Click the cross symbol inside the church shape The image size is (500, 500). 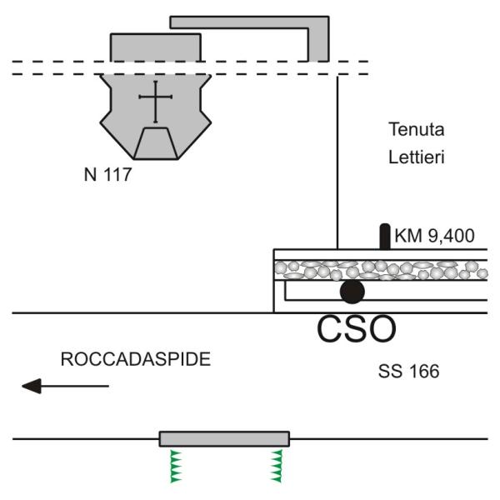click(156, 102)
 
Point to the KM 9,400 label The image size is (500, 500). click(434, 237)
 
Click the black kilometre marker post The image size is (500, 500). click(384, 236)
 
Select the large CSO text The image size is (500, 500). click(356, 329)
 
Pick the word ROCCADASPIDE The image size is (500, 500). click(136, 360)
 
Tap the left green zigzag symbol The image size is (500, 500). click(176, 466)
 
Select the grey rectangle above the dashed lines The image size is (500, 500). click(156, 47)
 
